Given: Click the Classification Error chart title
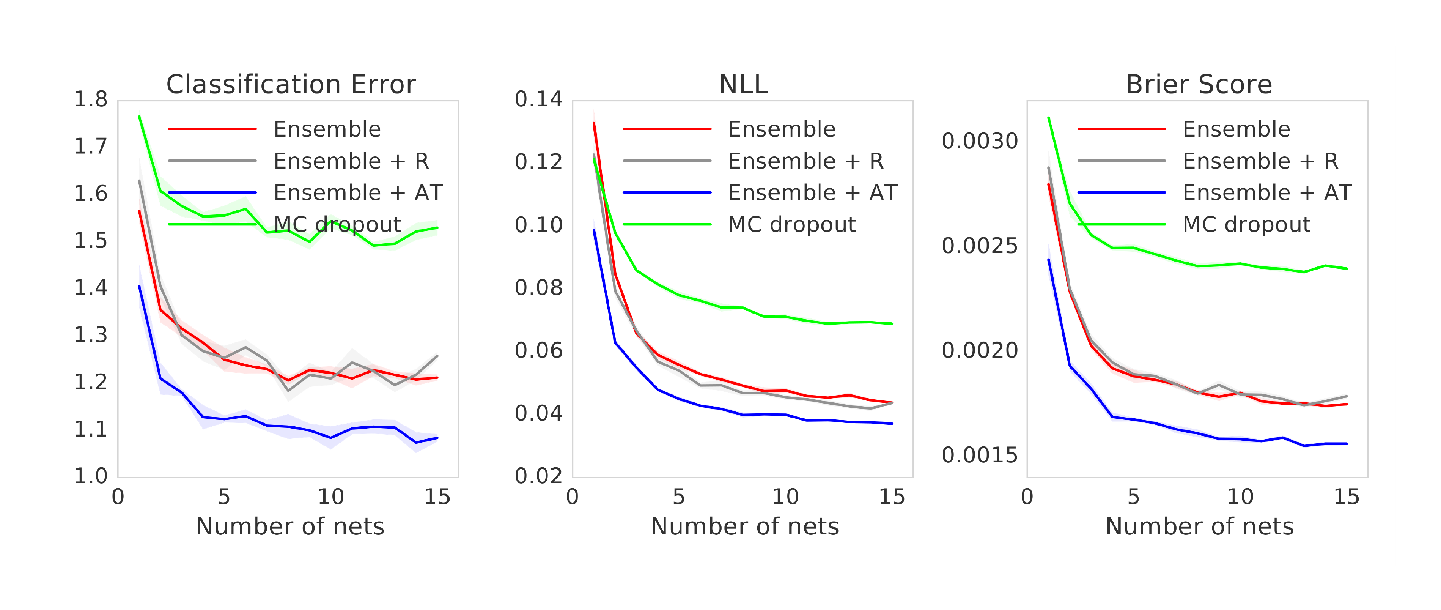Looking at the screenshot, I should click(291, 85).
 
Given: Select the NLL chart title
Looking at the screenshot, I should click(743, 85).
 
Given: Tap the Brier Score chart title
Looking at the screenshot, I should click(1199, 85).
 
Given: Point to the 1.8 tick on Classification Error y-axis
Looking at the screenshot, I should click(91, 99).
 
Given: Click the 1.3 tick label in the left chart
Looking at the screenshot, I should click(91, 335).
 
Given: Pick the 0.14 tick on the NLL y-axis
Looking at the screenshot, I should click(538, 99).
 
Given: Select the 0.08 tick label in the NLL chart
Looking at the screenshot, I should click(538, 288).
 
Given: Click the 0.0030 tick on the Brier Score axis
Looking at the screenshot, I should click(980, 141).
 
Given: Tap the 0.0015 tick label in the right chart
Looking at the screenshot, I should click(980, 456).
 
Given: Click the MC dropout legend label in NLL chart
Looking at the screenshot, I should click(791, 224).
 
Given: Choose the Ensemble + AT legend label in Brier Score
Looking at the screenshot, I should click(1267, 192).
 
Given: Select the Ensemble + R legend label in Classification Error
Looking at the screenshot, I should click(351, 161).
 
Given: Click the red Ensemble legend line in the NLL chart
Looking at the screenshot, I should click(667, 129).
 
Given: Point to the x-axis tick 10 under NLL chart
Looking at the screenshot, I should click(785, 497).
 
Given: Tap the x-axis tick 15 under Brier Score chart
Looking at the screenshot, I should click(1347, 497).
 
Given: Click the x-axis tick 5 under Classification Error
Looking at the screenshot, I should click(224, 497).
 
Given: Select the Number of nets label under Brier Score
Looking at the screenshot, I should click(1199, 526).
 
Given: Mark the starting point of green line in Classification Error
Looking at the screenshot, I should click(139, 117).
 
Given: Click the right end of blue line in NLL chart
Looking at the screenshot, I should click(892, 424).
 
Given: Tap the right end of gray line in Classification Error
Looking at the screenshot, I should click(437, 356).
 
